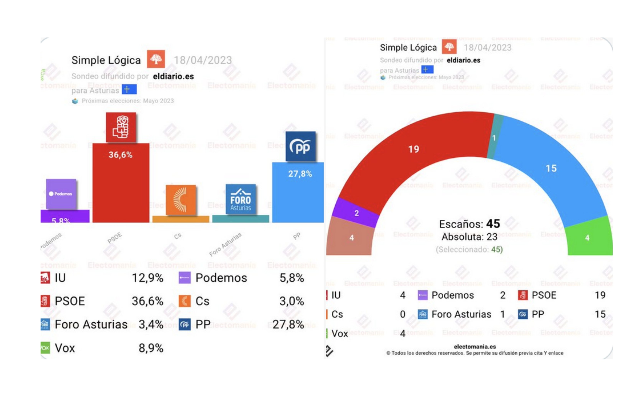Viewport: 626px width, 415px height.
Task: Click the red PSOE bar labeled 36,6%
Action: (x=121, y=185)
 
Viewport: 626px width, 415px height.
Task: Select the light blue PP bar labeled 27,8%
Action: (x=298, y=196)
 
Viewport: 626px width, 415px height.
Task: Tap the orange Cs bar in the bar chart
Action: (x=181, y=219)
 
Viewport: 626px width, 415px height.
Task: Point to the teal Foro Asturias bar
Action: (x=241, y=219)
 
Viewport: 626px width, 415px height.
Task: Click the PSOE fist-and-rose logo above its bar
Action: (x=121, y=127)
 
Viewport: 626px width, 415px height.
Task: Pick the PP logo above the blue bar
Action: (x=300, y=146)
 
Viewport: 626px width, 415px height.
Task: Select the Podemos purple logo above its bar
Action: (x=61, y=194)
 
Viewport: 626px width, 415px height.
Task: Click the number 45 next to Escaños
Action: (x=493, y=224)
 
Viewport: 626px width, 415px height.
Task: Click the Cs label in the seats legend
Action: (x=337, y=314)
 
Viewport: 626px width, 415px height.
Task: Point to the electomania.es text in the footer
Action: (x=474, y=346)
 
